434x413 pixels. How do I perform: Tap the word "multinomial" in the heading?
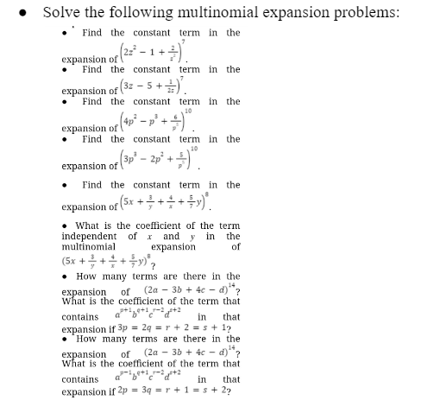[x=215, y=12]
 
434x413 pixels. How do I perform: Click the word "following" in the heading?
[x=140, y=12]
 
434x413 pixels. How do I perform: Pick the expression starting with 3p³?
[x=154, y=164]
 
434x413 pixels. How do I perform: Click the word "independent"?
[x=92, y=235]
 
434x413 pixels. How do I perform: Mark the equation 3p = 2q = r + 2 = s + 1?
[x=172, y=329]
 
